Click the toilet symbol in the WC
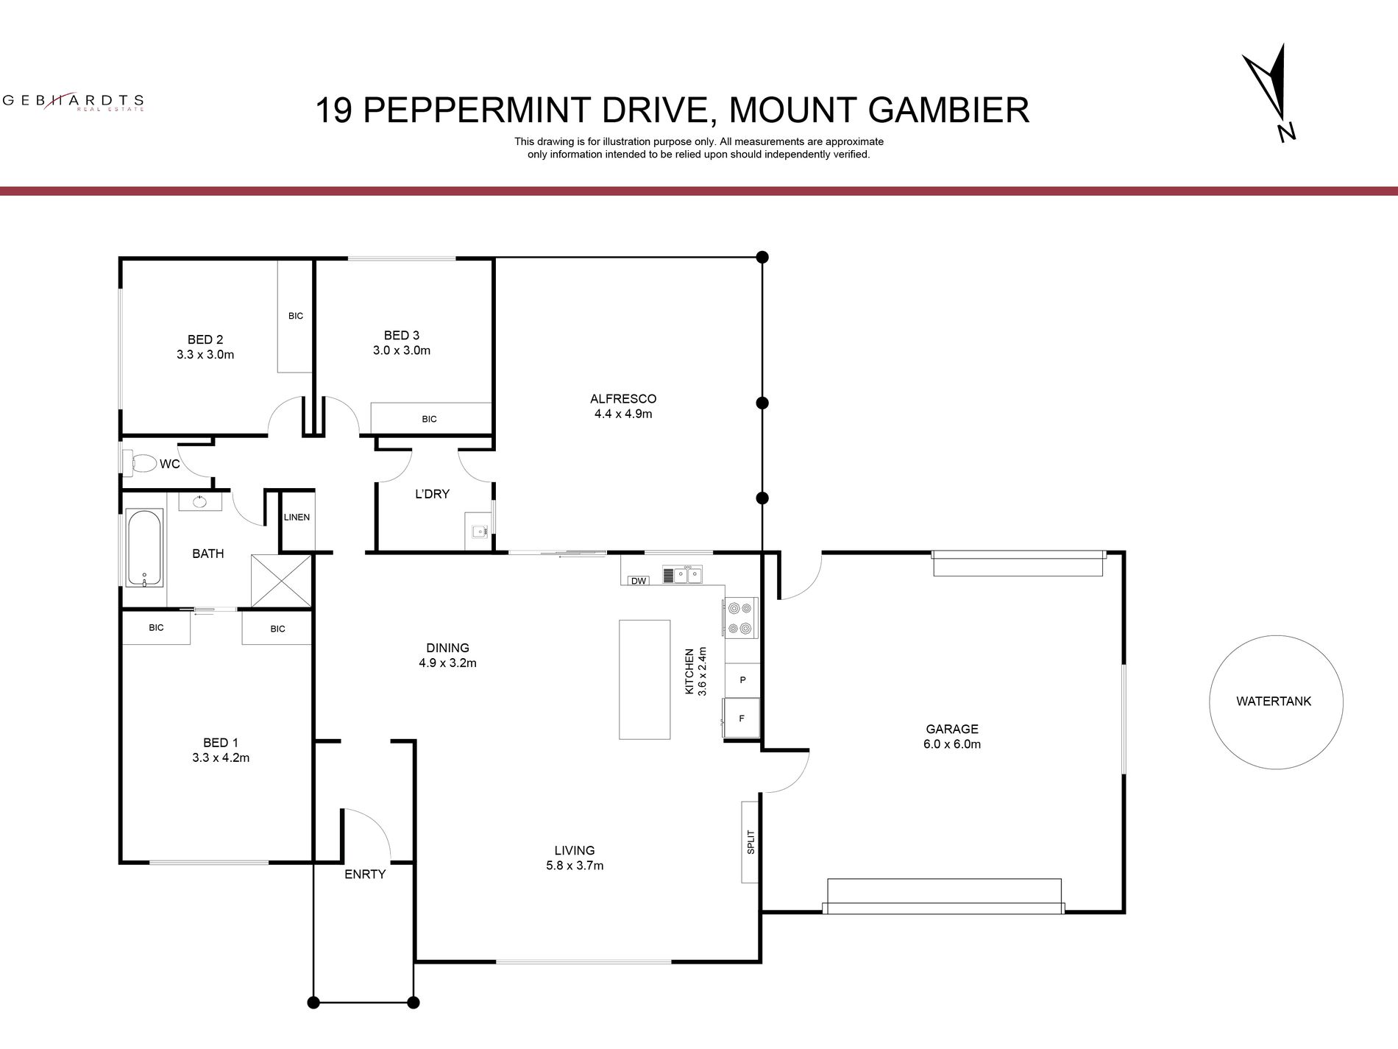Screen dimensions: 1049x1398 click(x=142, y=464)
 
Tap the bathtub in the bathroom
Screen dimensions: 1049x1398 click(x=144, y=548)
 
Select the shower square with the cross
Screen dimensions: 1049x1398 click(x=282, y=581)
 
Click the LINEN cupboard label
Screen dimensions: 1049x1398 click(x=297, y=517)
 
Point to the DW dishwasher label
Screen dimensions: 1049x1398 click(x=639, y=581)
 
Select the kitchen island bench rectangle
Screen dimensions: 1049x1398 click(x=645, y=679)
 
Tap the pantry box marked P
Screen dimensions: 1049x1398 click(x=742, y=680)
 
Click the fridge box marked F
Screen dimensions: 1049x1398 click(x=742, y=718)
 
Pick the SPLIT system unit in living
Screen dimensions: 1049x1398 click(x=751, y=841)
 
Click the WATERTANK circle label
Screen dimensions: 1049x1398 click(x=1274, y=702)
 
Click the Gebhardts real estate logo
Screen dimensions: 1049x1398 click(x=74, y=102)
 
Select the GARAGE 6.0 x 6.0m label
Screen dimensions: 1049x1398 click(x=952, y=736)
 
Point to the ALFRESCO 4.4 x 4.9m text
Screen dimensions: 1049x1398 click(x=623, y=406)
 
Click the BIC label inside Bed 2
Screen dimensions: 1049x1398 click(x=296, y=316)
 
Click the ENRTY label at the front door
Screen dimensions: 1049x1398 click(x=365, y=875)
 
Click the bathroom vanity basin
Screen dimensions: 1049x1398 click(x=200, y=501)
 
